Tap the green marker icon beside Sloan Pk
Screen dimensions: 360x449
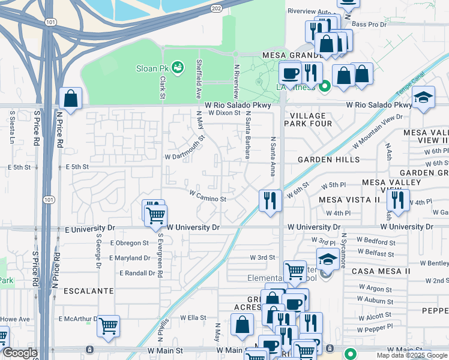click(x=177, y=68)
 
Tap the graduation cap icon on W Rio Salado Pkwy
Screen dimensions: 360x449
click(x=423, y=98)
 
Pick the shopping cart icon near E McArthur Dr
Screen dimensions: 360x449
click(x=108, y=326)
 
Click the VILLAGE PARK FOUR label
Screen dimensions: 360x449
click(x=308, y=119)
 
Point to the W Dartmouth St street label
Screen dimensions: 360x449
click(x=184, y=146)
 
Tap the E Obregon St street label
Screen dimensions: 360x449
click(x=129, y=243)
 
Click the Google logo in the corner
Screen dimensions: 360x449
click(x=20, y=353)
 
